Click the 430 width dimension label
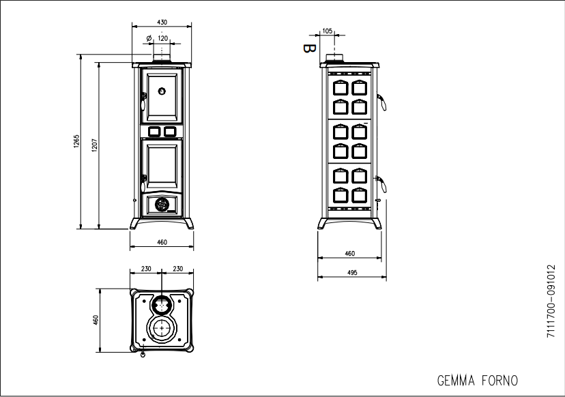(x=162, y=23)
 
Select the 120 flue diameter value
(x=163, y=38)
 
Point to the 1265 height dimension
(x=76, y=141)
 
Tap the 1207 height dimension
(x=94, y=145)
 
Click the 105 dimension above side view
(x=327, y=31)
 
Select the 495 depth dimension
(x=351, y=273)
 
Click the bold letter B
(x=309, y=48)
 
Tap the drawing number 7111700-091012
(x=551, y=302)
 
